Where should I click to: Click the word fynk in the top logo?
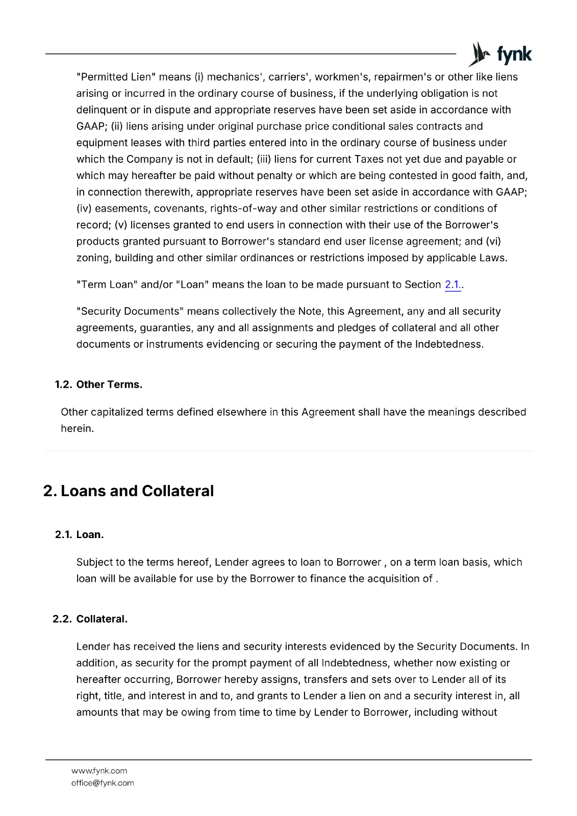click(x=514, y=54)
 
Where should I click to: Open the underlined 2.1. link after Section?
click(x=453, y=285)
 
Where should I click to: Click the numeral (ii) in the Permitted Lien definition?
click(x=117, y=126)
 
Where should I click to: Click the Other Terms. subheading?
click(x=109, y=385)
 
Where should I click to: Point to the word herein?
click(x=77, y=428)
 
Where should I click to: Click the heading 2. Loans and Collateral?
click(x=129, y=491)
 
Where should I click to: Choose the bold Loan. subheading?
click(x=90, y=534)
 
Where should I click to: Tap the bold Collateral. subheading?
click(x=102, y=619)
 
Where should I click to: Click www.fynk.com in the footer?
click(x=99, y=771)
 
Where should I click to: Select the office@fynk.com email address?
click(x=103, y=783)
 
